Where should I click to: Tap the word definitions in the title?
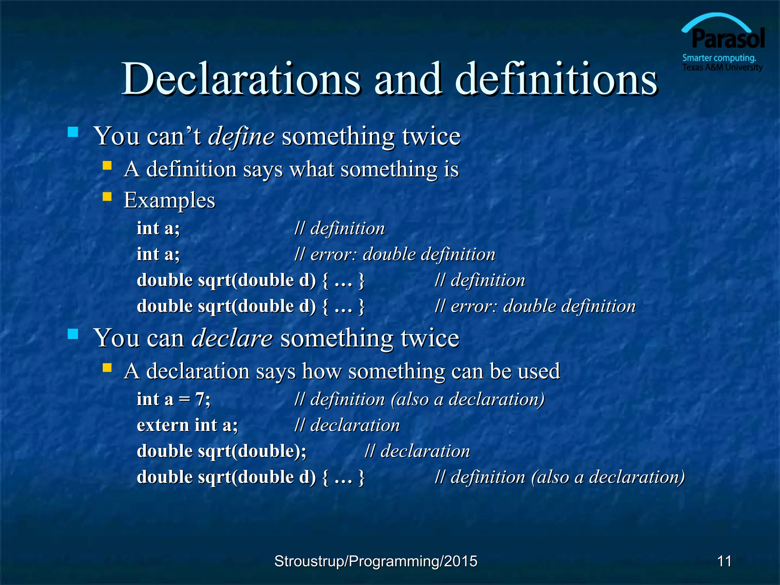556,79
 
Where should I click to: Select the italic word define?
241,136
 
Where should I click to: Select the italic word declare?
232,338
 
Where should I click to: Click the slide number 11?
724,561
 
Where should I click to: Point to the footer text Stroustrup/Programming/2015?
376,561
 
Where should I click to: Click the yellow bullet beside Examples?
107,197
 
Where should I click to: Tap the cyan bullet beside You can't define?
73,132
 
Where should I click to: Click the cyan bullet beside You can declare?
73,334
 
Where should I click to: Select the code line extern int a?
187,425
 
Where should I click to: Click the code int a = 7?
173,399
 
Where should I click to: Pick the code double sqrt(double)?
221,451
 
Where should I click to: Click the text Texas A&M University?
722,67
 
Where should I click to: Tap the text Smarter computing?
719,58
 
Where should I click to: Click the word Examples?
169,200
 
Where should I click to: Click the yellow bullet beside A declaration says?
107,368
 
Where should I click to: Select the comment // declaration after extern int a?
347,425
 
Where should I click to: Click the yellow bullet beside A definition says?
107,165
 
